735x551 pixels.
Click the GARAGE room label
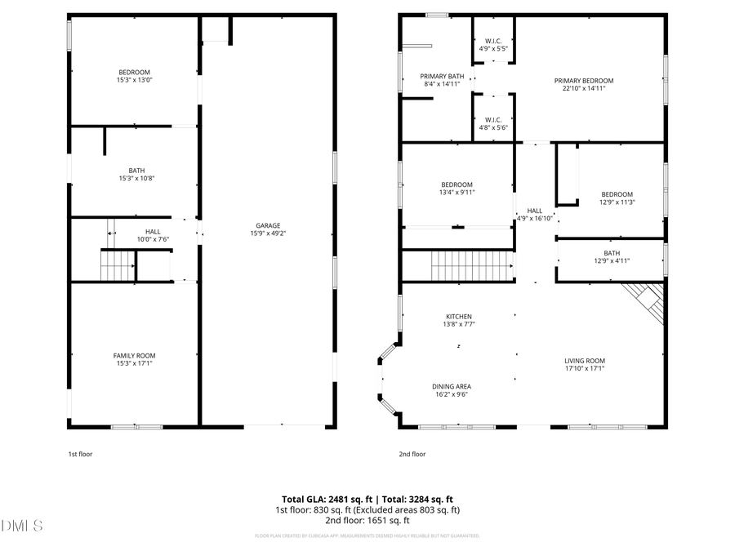[268, 225]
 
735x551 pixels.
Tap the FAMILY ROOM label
[134, 355]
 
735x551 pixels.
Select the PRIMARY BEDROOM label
[583, 81]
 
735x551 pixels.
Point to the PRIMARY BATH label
[443, 77]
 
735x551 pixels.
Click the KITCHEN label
[458, 317]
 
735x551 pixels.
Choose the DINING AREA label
[452, 386]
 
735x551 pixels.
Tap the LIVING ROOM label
[584, 361]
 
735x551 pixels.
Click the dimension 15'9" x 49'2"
[268, 233]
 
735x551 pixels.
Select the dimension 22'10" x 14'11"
[583, 89]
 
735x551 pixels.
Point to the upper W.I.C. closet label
[493, 41]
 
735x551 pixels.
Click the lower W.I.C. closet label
[493, 120]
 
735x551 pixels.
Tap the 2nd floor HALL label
[534, 211]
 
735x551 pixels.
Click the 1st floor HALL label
[153, 232]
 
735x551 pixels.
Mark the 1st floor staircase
[117, 265]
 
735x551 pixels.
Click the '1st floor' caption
[80, 454]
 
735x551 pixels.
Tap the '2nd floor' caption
[412, 454]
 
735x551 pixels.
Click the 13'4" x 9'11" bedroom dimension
[457, 193]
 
